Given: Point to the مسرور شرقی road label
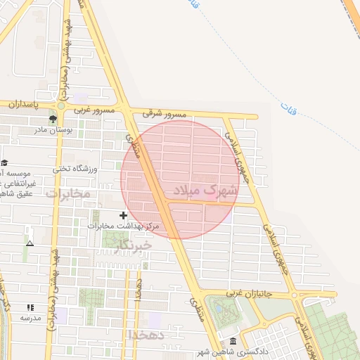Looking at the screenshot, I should [165, 112].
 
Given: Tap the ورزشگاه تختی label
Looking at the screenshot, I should [71, 169].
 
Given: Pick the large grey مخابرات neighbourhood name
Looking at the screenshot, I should [68, 193].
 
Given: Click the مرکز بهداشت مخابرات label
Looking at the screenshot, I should [124, 226].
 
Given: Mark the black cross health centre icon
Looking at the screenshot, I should [124, 215].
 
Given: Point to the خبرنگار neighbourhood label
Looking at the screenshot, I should [127, 244].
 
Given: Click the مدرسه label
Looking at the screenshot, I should [31, 318].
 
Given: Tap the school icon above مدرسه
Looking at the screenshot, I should [30, 307].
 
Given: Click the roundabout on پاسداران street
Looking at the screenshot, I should [61, 106].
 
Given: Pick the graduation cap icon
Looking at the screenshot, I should [4, 163].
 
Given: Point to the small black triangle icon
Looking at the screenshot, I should [30, 243].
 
